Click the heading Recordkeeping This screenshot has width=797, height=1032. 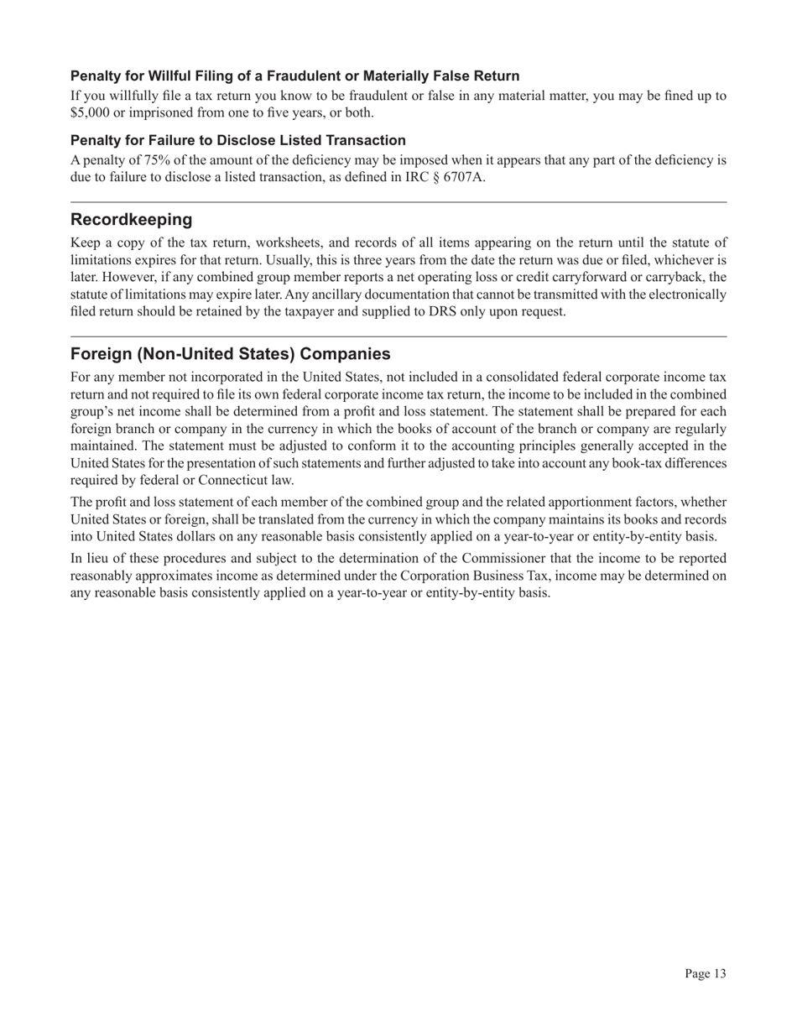click(131, 220)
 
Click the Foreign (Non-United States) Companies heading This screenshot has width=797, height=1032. click(230, 353)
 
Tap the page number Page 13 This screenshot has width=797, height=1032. click(705, 973)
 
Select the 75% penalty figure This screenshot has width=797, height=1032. click(147, 160)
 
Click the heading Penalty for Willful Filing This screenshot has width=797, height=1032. click(294, 76)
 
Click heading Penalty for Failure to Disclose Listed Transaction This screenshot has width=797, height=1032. click(238, 140)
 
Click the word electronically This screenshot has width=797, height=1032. click(677, 294)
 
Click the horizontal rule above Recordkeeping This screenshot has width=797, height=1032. click(398, 202)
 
